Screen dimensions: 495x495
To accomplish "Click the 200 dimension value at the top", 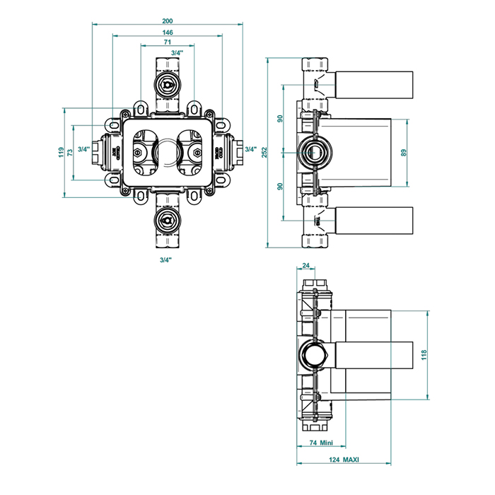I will pos(167,21).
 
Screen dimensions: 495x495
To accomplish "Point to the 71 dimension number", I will pos(167,43).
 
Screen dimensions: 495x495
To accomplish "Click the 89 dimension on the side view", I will pos(404,152).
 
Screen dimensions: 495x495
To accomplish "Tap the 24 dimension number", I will pos(305,266).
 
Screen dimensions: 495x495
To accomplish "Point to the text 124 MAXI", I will pos(344,460).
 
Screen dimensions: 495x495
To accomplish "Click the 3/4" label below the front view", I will pos(166,260).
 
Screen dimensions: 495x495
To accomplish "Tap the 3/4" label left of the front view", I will pos(83,149).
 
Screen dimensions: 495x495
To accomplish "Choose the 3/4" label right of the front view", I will pos(250,149).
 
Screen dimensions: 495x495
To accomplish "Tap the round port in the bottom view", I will pos(312,354).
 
